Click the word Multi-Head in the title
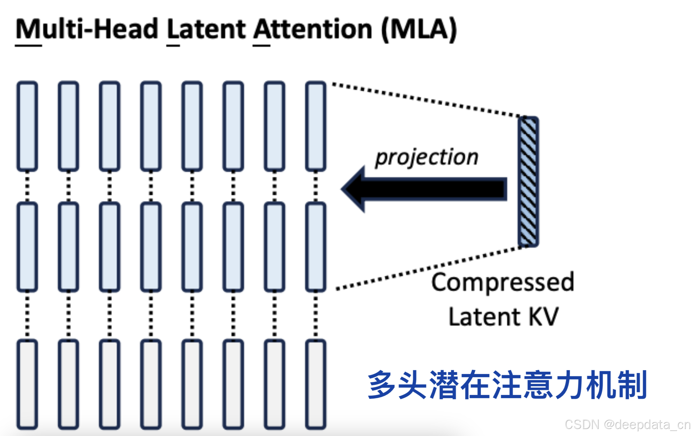(86, 29)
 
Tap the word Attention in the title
(313, 29)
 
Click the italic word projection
(427, 157)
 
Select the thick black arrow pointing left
(426, 189)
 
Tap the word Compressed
(503, 282)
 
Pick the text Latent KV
(503, 317)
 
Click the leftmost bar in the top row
(27, 126)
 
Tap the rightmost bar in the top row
(315, 126)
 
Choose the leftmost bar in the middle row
(27, 247)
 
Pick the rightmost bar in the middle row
(315, 247)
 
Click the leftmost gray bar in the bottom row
(27, 384)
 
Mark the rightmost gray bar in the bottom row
(315, 384)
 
